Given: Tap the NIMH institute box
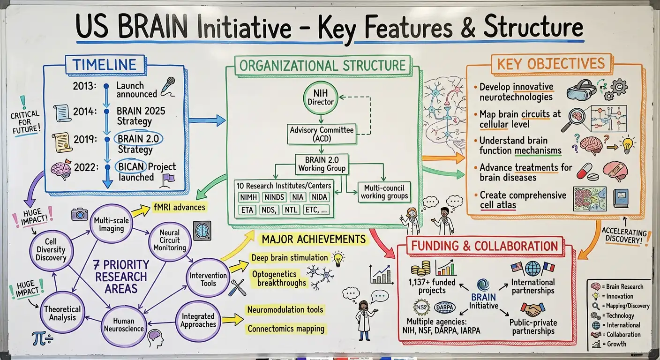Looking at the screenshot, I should coord(246,197).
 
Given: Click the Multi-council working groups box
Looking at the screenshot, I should coord(384,192).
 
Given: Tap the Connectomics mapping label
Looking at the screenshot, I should coord(285,329).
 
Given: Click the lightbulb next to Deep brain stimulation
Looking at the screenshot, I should coord(337,258).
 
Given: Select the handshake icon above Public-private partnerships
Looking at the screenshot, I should coord(532,310).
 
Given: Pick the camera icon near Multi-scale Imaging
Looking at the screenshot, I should coord(79,214).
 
